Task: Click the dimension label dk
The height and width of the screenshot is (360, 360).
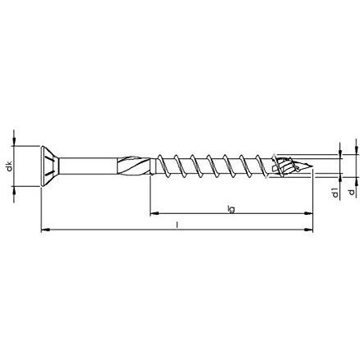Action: [x=10, y=166]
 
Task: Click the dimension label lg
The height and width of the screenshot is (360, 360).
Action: [x=231, y=209]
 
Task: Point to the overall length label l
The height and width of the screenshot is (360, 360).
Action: [x=177, y=225]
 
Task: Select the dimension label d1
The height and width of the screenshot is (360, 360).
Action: [x=335, y=193]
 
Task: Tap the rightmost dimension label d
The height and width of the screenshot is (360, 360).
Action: [x=352, y=192]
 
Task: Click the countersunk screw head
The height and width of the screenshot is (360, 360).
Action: [x=50, y=166]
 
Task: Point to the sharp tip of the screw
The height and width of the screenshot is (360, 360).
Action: [x=312, y=166]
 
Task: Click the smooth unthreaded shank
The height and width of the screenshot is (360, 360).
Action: [x=88, y=166]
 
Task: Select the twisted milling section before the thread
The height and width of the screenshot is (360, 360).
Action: [x=134, y=166]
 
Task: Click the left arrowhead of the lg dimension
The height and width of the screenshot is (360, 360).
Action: [x=154, y=213]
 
